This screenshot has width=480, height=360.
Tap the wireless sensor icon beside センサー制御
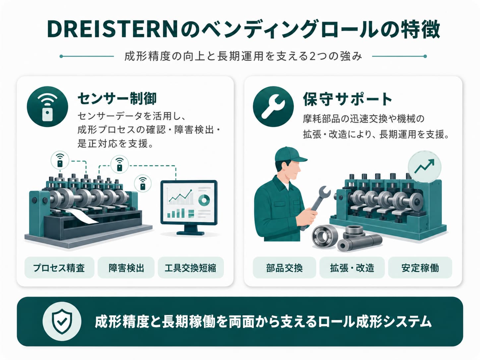click(47, 106)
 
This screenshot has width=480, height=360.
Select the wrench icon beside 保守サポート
click(273, 106)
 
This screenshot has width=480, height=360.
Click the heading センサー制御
click(117, 98)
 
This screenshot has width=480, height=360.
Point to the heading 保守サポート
click(347, 99)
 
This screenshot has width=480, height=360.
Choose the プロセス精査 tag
click(59, 268)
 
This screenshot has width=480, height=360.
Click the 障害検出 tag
click(126, 268)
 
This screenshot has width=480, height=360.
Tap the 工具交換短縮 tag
click(191, 268)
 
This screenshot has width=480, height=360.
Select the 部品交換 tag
click(284, 268)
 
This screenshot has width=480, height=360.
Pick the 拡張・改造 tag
click(352, 268)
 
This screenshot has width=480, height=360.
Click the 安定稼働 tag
click(420, 268)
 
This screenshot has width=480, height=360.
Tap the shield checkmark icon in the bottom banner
click(62, 321)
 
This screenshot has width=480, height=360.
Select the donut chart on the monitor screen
click(204, 200)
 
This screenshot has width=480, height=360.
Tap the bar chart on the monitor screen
click(177, 213)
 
